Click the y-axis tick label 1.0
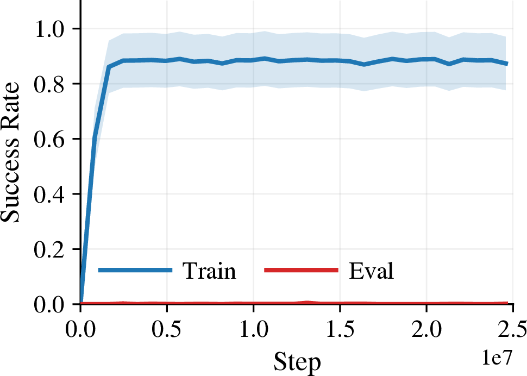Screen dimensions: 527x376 click(x=49, y=29)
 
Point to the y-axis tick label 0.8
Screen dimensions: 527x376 click(x=49, y=84)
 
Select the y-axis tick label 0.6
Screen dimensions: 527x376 click(x=49, y=139)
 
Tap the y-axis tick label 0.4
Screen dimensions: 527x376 click(x=49, y=194)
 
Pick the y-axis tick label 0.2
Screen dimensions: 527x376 click(x=49, y=249)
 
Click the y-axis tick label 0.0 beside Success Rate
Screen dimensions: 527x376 click(x=49, y=304)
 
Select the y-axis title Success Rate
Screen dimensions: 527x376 click(x=10, y=152)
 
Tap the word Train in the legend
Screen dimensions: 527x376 click(x=209, y=271)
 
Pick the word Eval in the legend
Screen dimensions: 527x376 click(x=372, y=271)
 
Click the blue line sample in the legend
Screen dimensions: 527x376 click(x=135, y=270)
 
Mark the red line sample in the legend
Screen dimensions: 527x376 click(x=301, y=270)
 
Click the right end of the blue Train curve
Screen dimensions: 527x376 click(x=507, y=64)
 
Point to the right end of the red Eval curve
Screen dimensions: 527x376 click(x=507, y=303)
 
